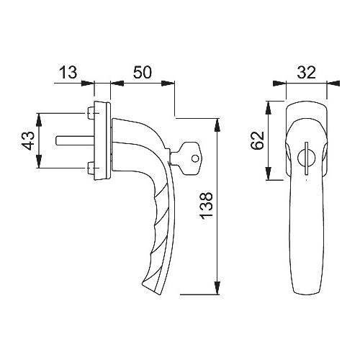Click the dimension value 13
click(68, 72)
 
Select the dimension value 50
click(143, 72)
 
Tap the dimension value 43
click(27, 140)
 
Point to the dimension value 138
click(206, 206)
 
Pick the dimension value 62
click(257, 140)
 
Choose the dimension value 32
click(307, 72)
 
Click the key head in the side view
click(189, 158)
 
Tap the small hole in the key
click(195, 158)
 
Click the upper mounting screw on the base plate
click(91, 113)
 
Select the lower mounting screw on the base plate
click(91, 168)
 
